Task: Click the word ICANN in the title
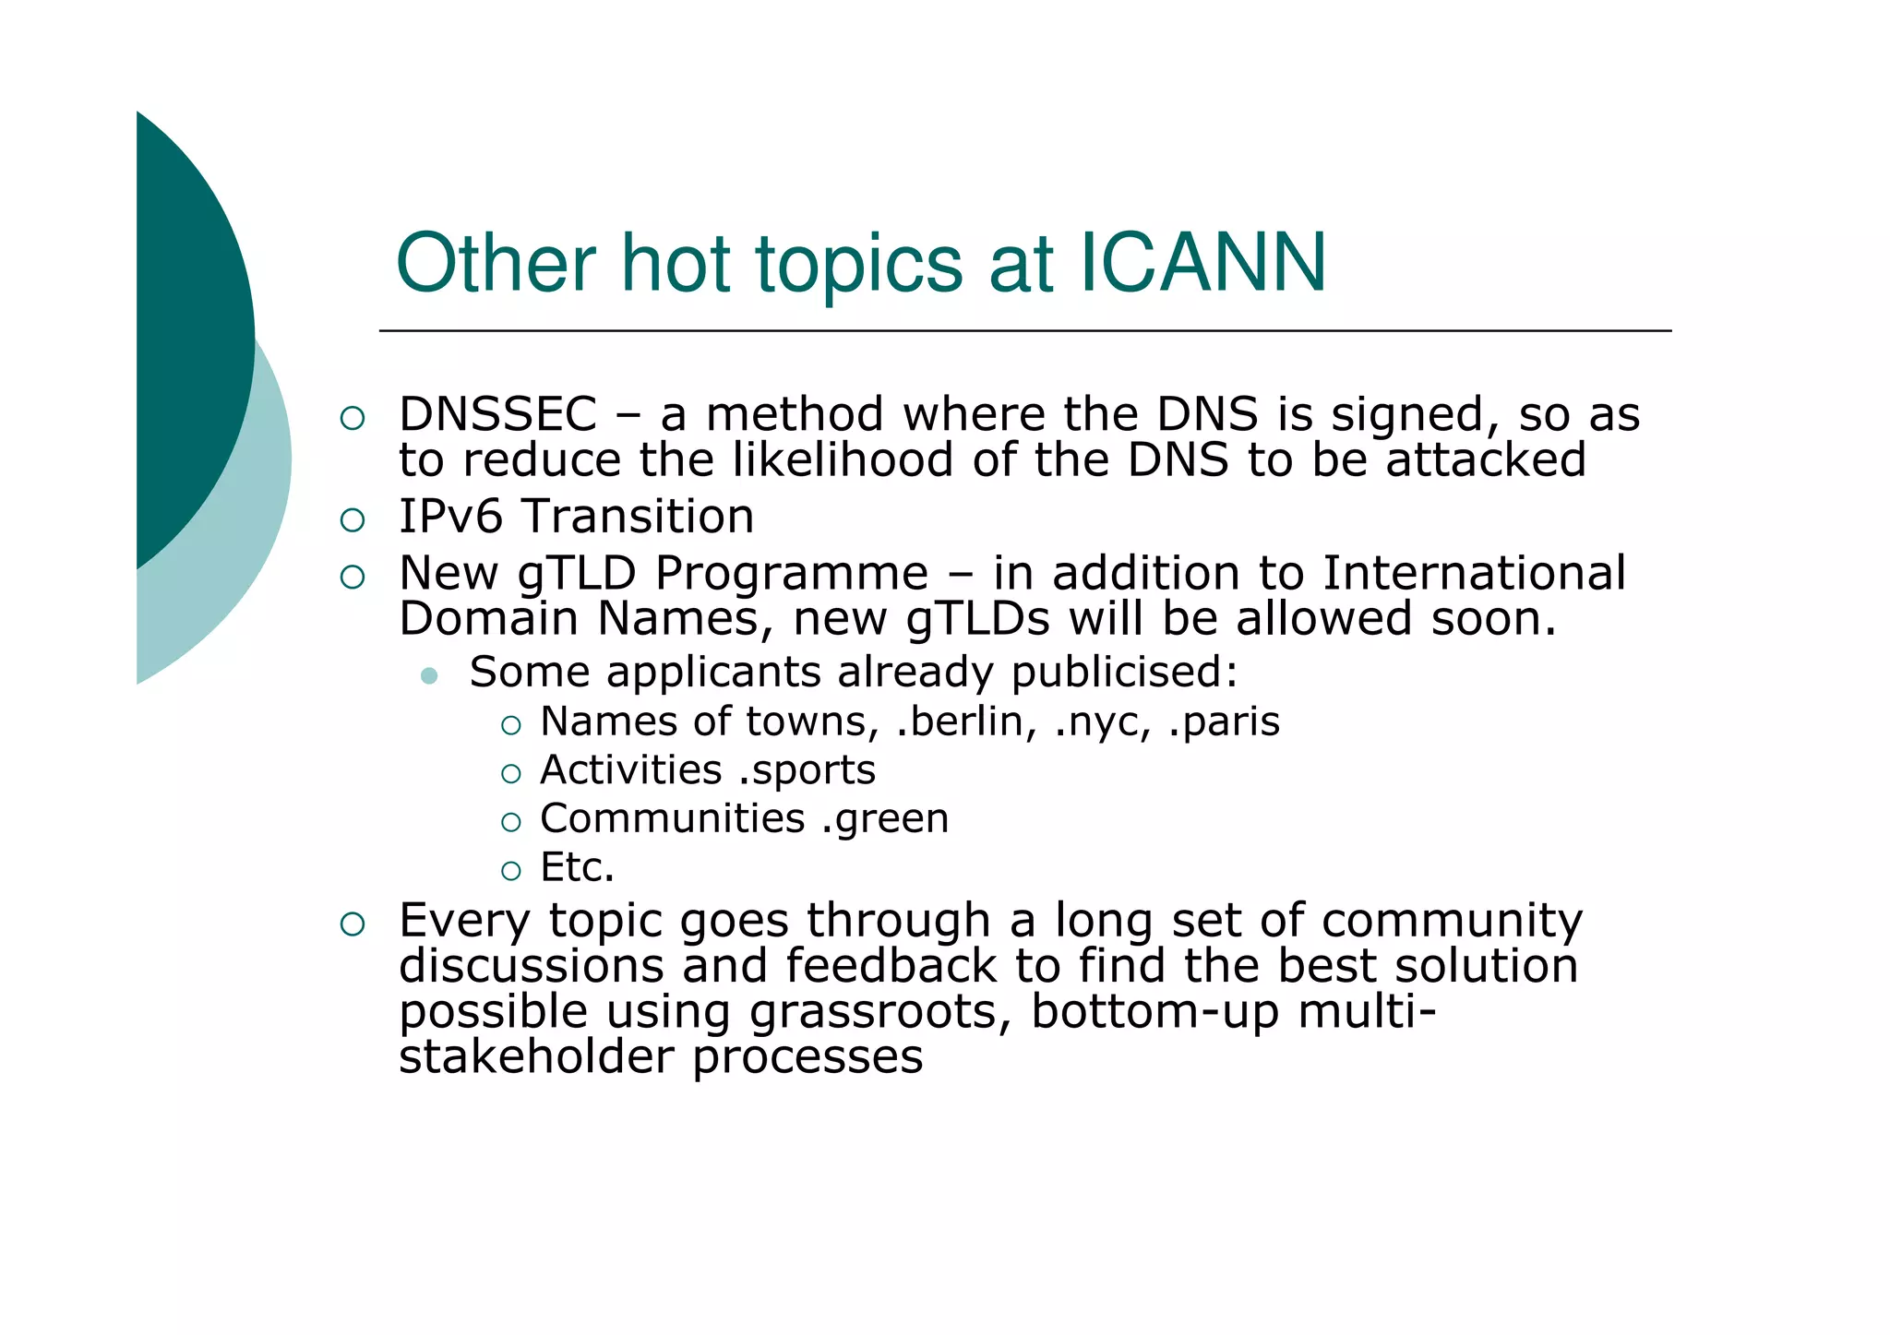(1202, 264)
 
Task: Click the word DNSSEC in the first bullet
(498, 415)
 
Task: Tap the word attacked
(1486, 461)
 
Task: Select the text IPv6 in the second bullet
(450, 517)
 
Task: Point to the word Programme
(792, 574)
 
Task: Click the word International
(1474, 574)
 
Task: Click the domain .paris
(1224, 721)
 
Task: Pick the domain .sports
(807, 770)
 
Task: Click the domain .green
(884, 819)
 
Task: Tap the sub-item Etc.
(577, 868)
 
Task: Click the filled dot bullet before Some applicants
(428, 676)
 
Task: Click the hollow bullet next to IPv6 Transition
(353, 520)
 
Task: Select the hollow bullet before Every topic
(353, 924)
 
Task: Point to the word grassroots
(873, 1012)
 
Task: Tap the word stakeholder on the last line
(536, 1057)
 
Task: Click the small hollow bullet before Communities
(511, 822)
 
